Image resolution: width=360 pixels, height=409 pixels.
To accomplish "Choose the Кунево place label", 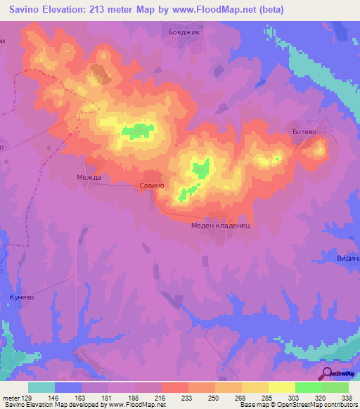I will (22, 297).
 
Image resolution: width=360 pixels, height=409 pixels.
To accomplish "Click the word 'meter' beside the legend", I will (11, 397).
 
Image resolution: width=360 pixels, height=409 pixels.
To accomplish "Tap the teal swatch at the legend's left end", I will (41, 387).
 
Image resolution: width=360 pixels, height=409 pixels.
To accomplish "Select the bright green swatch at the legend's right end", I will (335, 387).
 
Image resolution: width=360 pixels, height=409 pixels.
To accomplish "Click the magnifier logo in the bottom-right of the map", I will (326, 373).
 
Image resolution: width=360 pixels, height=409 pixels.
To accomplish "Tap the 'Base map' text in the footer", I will (253, 405).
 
